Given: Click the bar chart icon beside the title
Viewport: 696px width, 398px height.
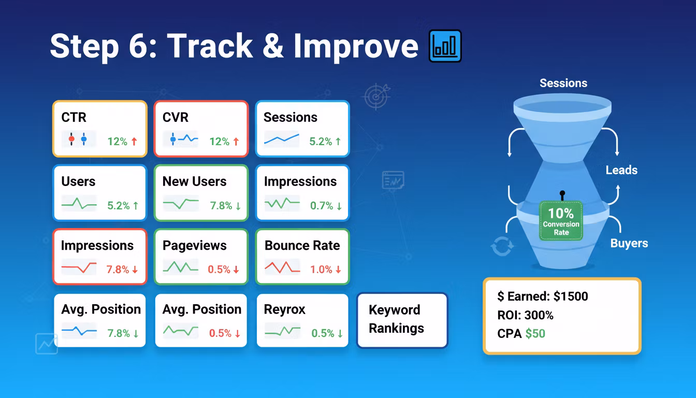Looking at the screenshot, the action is (x=445, y=46).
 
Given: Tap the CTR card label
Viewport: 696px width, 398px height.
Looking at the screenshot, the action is (x=74, y=117).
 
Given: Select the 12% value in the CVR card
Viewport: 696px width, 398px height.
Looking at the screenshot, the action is (x=220, y=141).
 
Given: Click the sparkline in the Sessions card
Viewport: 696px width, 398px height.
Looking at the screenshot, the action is (x=282, y=139).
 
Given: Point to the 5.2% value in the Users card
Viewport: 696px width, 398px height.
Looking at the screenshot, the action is (x=119, y=206).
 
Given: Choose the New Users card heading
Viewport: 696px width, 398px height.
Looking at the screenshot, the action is (x=195, y=181).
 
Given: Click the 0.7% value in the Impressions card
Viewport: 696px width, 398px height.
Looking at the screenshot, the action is (x=322, y=206).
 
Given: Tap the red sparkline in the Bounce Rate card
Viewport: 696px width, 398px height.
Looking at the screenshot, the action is (x=282, y=267).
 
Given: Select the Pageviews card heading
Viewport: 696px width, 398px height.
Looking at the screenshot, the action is (x=195, y=246).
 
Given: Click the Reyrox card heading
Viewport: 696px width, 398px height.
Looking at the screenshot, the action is (x=285, y=310).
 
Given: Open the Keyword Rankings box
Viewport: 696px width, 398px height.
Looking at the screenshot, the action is (x=402, y=320).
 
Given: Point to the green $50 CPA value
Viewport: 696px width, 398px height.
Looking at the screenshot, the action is (x=535, y=334).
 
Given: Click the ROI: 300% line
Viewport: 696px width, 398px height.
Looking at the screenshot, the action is (x=526, y=315).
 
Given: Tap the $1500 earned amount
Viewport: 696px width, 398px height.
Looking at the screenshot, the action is (x=571, y=296).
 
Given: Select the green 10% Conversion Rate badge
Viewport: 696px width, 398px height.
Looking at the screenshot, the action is (x=561, y=221).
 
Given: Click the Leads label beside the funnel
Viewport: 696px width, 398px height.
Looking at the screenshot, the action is (x=621, y=170).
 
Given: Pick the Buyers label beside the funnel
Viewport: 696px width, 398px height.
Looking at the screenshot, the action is (x=629, y=243).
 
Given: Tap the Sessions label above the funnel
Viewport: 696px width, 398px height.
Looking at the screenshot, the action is (x=563, y=83).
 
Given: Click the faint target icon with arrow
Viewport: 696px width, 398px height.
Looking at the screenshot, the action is (x=376, y=96).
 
